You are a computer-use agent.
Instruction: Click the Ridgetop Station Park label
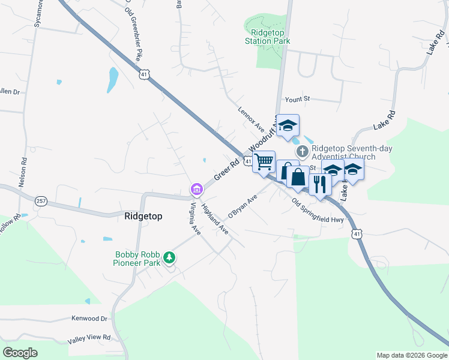click(267, 37)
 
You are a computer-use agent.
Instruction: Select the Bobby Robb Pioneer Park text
click(138, 259)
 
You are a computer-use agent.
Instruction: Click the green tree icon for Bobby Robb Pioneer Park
click(170, 257)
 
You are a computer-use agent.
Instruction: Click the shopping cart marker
click(264, 162)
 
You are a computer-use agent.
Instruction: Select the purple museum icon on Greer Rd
click(196, 190)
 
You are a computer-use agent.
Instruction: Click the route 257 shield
click(41, 201)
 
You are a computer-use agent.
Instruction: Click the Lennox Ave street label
click(251, 119)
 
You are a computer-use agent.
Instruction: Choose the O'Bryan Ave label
click(241, 207)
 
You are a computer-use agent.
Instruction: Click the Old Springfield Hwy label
click(318, 211)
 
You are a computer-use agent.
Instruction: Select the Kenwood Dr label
click(89, 319)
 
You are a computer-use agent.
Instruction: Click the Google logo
click(20, 352)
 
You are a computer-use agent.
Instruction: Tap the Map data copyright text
click(412, 355)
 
